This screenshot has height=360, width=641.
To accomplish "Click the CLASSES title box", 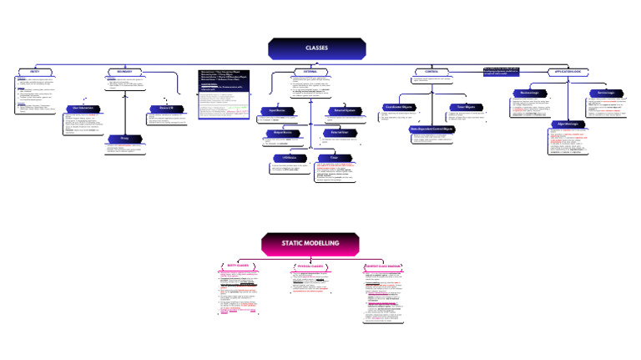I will point(316,48).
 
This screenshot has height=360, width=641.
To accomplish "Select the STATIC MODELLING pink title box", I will point(310,243).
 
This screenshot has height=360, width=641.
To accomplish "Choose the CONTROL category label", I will point(431,72).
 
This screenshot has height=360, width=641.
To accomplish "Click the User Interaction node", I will point(83,109).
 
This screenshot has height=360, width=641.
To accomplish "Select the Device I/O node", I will point(166,109).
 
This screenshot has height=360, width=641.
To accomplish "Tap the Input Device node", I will point(278,110).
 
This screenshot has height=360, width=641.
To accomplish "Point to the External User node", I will point(339,133).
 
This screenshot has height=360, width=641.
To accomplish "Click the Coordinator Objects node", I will point(396,107).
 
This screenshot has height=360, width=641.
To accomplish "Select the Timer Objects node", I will point(466,107).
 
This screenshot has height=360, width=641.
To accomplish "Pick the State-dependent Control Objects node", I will point(431,129).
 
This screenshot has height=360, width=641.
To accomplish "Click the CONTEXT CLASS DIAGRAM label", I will point(383,266).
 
